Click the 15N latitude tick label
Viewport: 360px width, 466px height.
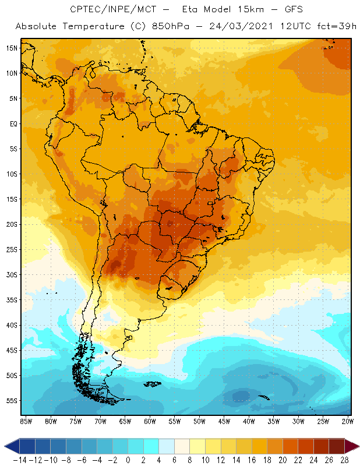point(12,48)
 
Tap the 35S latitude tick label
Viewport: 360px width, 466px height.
point(12,300)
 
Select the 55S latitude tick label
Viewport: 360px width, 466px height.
point(12,401)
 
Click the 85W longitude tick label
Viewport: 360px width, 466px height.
point(26,421)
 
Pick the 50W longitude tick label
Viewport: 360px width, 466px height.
point(200,421)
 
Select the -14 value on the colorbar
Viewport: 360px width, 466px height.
point(20,460)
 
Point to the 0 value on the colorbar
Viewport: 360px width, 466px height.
point(128,460)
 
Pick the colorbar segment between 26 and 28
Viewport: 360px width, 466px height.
point(337,446)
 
